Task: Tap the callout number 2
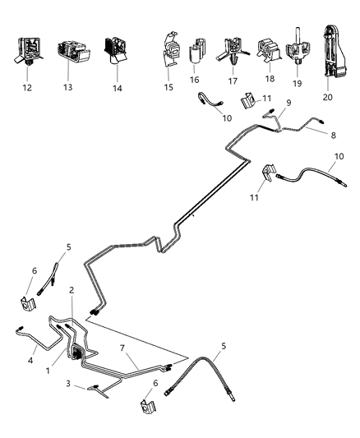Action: coord(72,291)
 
